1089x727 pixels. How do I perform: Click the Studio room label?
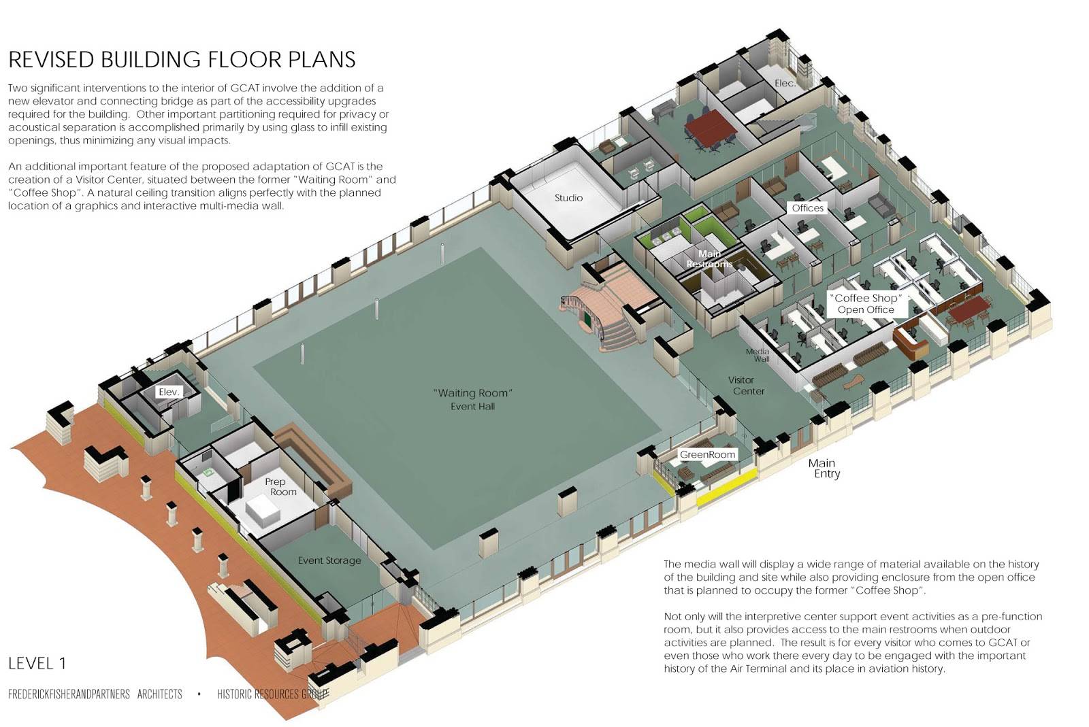tap(568, 198)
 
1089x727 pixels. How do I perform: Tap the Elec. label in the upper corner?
tap(785, 83)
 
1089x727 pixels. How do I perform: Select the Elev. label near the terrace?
tap(168, 392)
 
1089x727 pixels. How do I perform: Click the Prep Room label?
tap(280, 486)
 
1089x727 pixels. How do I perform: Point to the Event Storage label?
tap(329, 560)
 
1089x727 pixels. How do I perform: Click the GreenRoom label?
tap(707, 454)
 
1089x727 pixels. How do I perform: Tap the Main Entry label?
tap(824, 468)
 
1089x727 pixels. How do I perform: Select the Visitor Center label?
tap(747, 386)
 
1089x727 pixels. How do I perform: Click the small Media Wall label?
tap(758, 355)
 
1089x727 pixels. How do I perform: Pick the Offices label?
tap(807, 208)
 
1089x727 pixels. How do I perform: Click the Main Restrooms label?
tap(709, 258)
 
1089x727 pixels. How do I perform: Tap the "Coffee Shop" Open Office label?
tap(866, 304)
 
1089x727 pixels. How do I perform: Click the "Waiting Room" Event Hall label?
tap(472, 399)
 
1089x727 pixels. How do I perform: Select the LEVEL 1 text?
tap(37, 663)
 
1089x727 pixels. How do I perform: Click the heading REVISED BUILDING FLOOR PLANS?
tap(182, 60)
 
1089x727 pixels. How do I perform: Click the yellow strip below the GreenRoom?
tap(726, 488)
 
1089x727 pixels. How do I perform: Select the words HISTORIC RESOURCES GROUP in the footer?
tap(272, 694)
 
